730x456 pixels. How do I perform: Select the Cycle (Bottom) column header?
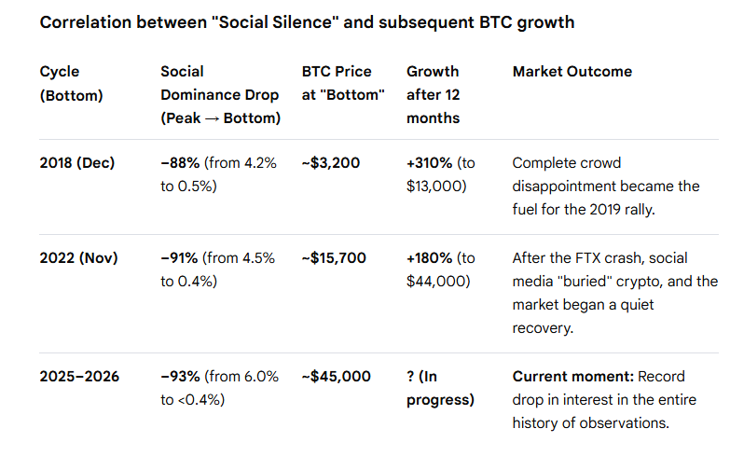click(72, 83)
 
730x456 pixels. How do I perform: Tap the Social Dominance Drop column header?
click(220, 95)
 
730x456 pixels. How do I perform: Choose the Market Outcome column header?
click(572, 71)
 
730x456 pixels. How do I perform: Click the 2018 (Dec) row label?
click(77, 162)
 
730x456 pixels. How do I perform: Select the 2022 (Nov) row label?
click(78, 257)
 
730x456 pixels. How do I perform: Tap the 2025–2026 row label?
click(79, 376)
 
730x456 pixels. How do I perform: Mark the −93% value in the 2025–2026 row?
click(181, 376)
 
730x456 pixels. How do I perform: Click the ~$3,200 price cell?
click(330, 162)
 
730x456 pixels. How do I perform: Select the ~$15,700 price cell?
click(335, 257)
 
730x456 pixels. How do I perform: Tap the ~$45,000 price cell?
click(336, 376)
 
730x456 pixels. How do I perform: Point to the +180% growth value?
click(429, 257)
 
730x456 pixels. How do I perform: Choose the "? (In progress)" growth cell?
click(440, 388)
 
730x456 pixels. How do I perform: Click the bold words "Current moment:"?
click(571, 376)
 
